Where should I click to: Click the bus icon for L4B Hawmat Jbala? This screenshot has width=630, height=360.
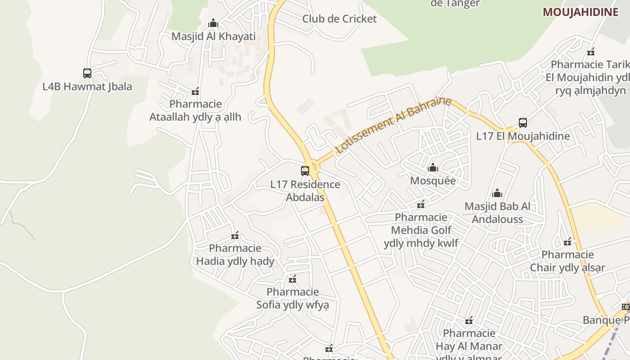tap(87, 73)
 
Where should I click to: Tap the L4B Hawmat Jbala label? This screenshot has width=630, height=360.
tap(87, 86)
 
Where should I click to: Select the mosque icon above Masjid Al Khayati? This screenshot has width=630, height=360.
tap(213, 23)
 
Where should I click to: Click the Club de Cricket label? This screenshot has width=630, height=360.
tap(339, 19)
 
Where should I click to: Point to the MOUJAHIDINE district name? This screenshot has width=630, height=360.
tap(580, 12)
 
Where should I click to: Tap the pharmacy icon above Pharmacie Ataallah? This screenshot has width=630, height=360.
tap(195, 91)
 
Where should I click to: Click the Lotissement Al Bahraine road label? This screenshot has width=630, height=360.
tap(393, 125)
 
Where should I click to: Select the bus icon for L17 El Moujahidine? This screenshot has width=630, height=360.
tap(522, 122)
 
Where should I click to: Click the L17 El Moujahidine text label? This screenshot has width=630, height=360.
tap(523, 136)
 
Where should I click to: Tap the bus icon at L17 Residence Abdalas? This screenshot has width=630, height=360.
tap(305, 171)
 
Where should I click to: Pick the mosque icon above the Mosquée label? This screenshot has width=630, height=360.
tap(433, 167)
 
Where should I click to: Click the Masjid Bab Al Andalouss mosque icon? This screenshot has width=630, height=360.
tap(497, 193)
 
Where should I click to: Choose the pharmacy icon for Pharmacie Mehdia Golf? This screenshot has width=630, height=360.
tap(421, 204)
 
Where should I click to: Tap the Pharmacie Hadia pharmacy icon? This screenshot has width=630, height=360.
tap(235, 235)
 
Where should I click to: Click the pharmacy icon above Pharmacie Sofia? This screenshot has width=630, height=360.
tap(292, 279)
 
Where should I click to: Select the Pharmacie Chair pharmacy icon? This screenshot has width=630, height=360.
tap(567, 242)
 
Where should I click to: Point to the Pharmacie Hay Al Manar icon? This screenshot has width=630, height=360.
tap(469, 320)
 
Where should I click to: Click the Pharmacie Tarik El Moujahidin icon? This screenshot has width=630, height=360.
tap(591, 51)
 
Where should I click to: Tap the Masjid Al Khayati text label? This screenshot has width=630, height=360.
tap(213, 36)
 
